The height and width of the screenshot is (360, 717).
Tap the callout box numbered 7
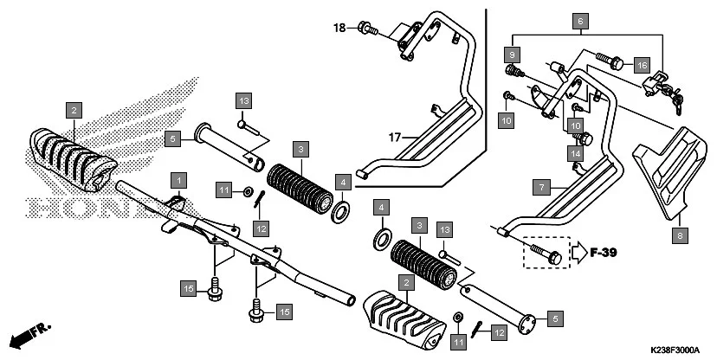coord(539,187)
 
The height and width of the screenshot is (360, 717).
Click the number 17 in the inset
coord(395,137)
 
